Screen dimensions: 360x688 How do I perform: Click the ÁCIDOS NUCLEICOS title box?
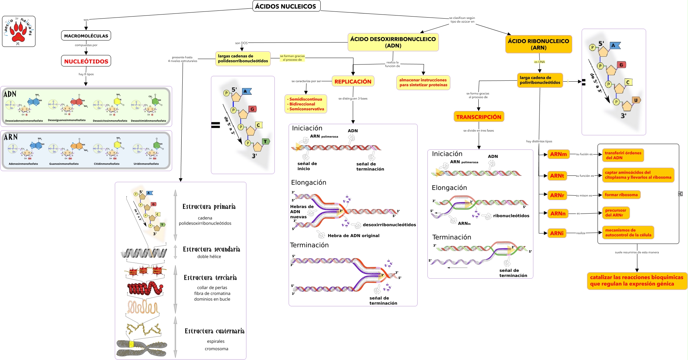(286, 6)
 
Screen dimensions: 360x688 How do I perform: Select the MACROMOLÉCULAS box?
(86, 36)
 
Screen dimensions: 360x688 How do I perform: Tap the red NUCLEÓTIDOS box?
(86, 61)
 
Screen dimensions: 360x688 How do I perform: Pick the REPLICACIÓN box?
(353, 81)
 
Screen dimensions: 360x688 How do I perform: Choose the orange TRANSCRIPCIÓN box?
(479, 117)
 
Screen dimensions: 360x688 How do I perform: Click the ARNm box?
(558, 154)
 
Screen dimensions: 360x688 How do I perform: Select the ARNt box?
(557, 176)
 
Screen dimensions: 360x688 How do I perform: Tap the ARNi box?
(557, 233)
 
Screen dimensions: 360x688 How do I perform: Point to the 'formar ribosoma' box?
(621, 195)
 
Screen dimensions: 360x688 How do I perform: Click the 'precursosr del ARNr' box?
(616, 213)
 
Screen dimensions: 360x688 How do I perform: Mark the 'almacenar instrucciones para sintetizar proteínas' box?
(423, 82)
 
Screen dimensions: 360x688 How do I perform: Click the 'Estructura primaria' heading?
(209, 206)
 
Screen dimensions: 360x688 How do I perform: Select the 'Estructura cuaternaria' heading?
(214, 331)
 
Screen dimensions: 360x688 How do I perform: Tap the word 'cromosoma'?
(216, 349)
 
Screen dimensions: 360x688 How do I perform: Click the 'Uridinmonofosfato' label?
(146, 164)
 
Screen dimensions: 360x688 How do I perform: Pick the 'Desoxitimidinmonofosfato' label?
(149, 121)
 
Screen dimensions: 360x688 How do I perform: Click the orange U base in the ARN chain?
(636, 100)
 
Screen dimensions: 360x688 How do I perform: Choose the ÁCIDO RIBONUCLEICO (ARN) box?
(538, 44)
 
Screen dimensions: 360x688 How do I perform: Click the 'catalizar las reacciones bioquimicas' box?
(637, 280)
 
